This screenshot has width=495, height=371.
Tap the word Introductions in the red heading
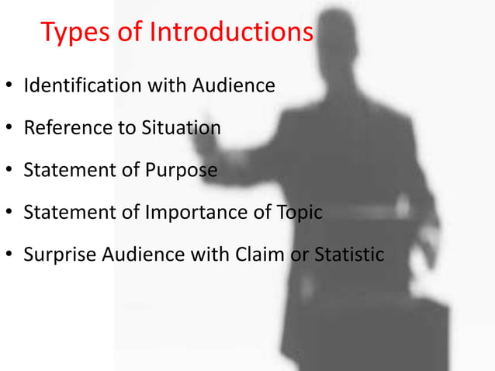pyautogui.click(x=231, y=33)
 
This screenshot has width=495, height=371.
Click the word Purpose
pyautogui.click(x=179, y=169)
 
